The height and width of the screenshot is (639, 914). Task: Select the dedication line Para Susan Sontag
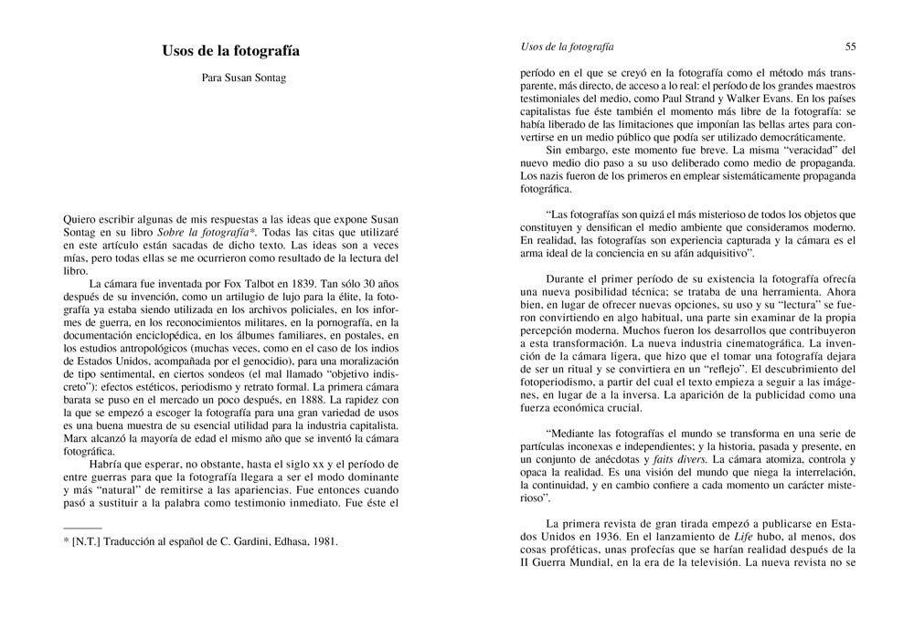(244, 79)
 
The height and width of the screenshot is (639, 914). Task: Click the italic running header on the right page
(567, 46)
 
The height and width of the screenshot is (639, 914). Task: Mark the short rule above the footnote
(82, 528)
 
